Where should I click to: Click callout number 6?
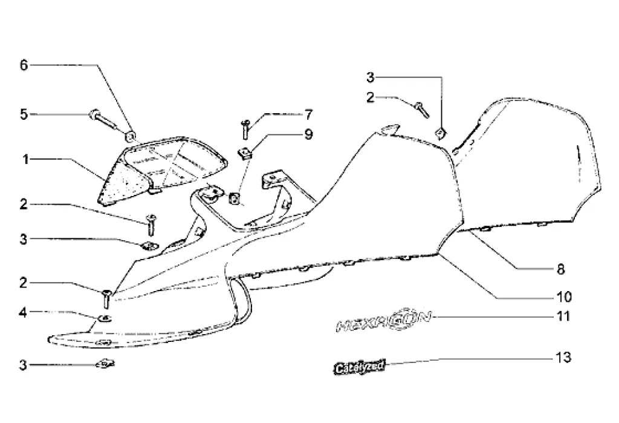click(24, 65)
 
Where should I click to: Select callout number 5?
click(24, 114)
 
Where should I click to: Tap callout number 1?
click(26, 160)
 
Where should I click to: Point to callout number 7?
click(308, 114)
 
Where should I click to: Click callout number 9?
click(308, 134)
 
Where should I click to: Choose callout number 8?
click(561, 268)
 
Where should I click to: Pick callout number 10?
click(563, 297)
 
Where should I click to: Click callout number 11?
click(563, 316)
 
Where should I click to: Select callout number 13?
click(563, 357)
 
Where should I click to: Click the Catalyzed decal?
click(359, 367)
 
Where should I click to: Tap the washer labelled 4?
click(104, 318)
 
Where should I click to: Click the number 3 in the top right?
click(371, 77)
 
